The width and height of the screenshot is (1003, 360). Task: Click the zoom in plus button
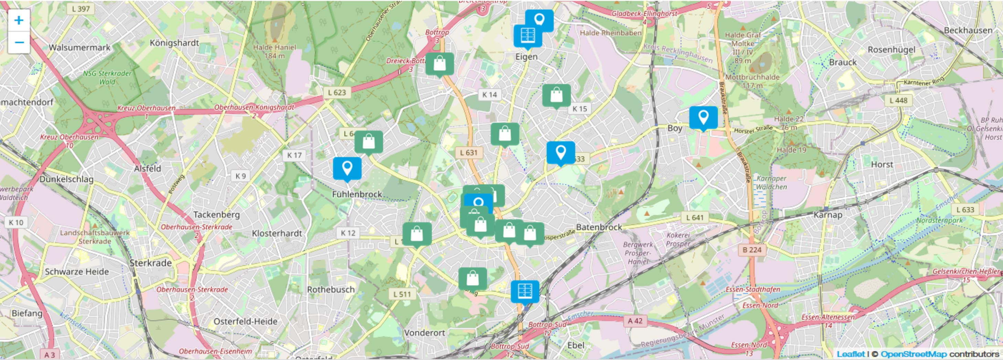pyautogui.click(x=19, y=20)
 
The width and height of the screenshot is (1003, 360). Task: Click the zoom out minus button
pyautogui.click(x=19, y=42)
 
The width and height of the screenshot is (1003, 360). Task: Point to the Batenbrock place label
pyautogui.click(x=599, y=227)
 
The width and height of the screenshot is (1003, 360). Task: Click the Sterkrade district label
pyautogui.click(x=150, y=263)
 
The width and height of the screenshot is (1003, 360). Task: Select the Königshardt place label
pyautogui.click(x=174, y=43)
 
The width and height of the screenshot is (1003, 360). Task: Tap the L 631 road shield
pyautogui.click(x=468, y=153)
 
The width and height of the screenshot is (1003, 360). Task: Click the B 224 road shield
pyautogui.click(x=751, y=250)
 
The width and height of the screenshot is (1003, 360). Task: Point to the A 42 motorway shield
pyautogui.click(x=635, y=321)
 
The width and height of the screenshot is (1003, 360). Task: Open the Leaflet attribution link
pyautogui.click(x=850, y=354)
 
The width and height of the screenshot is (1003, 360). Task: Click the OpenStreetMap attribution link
pyautogui.click(x=914, y=354)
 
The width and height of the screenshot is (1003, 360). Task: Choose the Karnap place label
pyautogui.click(x=828, y=215)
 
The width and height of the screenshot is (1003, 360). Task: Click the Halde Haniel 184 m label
pyautogui.click(x=275, y=51)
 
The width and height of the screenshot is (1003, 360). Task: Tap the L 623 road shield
pyautogui.click(x=337, y=92)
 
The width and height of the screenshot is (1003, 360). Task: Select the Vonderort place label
pyautogui.click(x=424, y=333)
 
